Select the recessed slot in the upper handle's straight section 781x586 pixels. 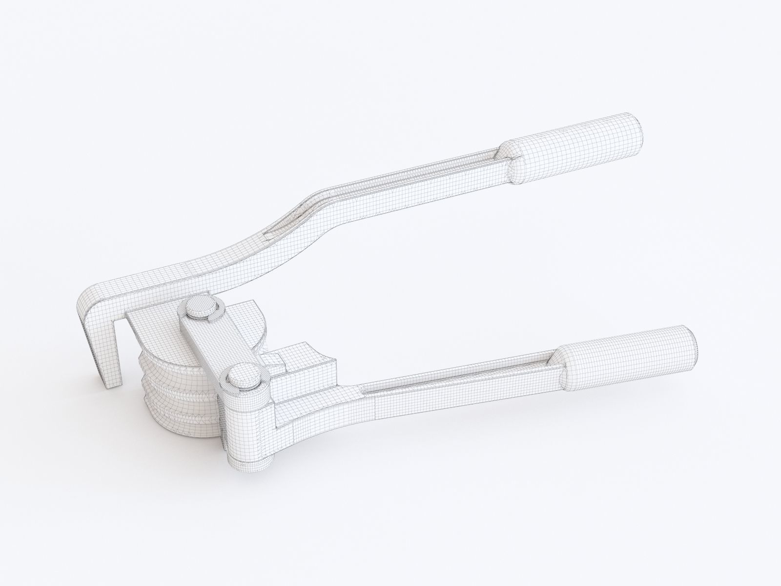point(430,176)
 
